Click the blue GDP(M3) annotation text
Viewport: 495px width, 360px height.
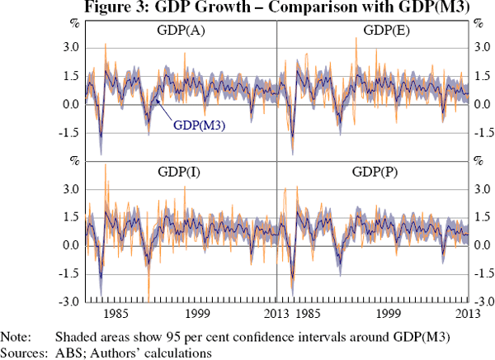[200, 126]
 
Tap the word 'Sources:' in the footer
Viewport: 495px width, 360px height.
[22, 353]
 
